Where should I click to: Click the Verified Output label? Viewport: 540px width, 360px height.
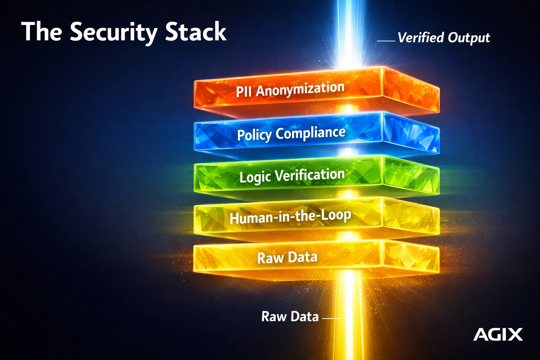pos(444,38)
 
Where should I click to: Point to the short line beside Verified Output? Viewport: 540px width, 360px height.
pos(386,41)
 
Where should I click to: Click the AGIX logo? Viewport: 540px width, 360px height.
pos(498,334)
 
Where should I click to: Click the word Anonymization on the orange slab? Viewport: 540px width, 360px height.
pos(300,89)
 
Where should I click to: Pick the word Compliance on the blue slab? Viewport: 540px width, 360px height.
pos(310,133)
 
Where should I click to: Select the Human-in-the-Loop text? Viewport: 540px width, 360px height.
pos(290,217)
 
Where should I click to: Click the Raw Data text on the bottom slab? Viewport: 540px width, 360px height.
pos(287,258)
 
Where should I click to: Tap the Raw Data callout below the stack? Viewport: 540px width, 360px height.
pos(290,317)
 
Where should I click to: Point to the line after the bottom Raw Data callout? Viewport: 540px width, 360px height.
pos(331,319)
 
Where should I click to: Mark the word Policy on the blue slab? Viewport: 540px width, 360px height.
pos(255,135)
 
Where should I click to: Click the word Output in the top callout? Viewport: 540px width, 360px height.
pos(469,38)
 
